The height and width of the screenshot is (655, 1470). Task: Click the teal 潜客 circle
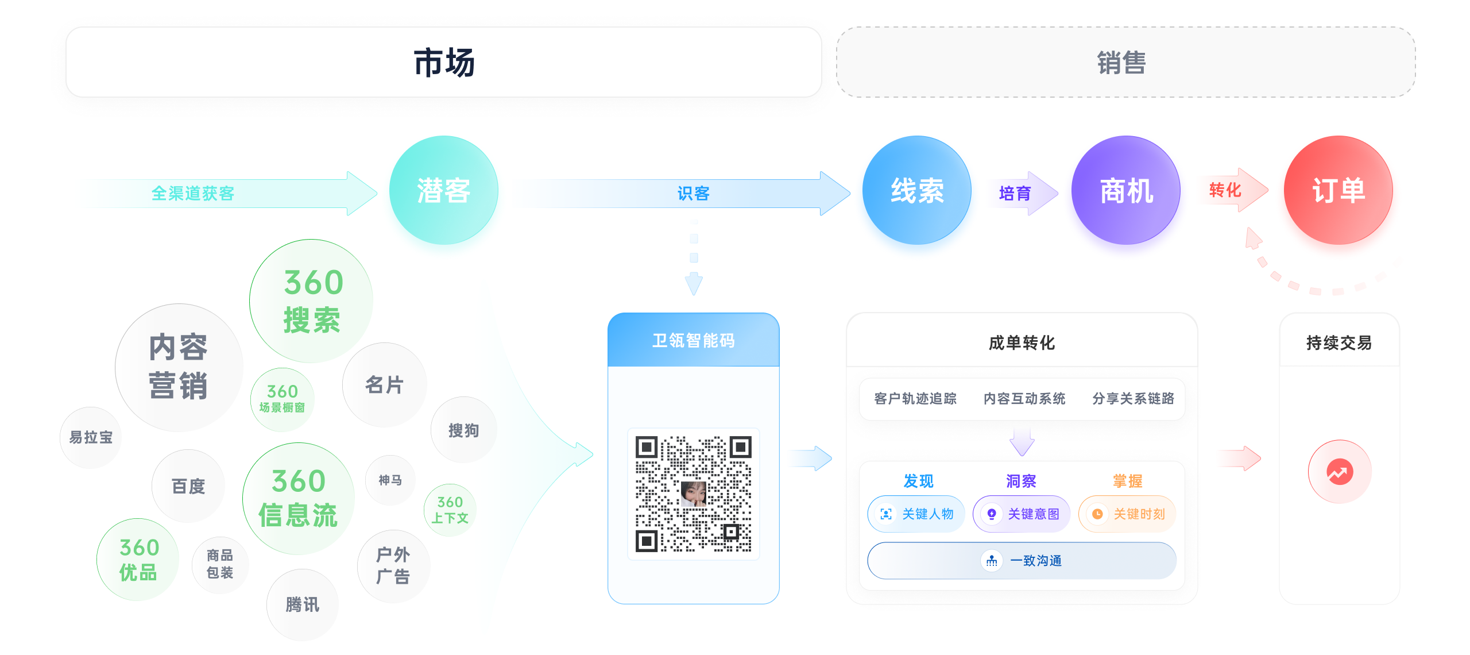tap(443, 190)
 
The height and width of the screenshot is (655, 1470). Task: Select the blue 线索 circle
tap(916, 190)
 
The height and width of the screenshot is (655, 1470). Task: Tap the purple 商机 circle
tap(1125, 190)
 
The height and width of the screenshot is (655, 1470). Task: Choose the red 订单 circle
tap(1338, 190)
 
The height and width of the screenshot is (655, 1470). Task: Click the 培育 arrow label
tap(1015, 194)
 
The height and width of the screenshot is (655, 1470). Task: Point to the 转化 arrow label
tap(1225, 190)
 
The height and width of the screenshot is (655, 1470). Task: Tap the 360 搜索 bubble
tap(311, 301)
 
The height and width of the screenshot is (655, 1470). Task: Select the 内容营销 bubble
tap(179, 367)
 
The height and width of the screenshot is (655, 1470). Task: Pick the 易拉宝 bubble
tap(91, 438)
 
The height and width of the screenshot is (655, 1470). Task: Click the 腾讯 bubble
tap(302, 604)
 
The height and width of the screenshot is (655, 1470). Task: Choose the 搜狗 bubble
tap(463, 430)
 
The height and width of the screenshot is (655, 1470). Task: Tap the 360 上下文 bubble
tap(450, 510)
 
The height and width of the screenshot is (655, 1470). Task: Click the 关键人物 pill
tap(916, 514)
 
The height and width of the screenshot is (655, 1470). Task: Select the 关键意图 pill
tap(1022, 514)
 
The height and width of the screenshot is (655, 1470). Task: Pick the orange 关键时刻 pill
tap(1128, 514)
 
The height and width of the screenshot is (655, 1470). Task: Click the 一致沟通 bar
tap(1022, 561)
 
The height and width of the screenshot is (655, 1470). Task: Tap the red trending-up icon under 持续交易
tap(1340, 472)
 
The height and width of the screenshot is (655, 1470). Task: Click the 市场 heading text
tap(444, 63)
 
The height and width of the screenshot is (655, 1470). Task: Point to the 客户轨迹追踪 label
tap(915, 399)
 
